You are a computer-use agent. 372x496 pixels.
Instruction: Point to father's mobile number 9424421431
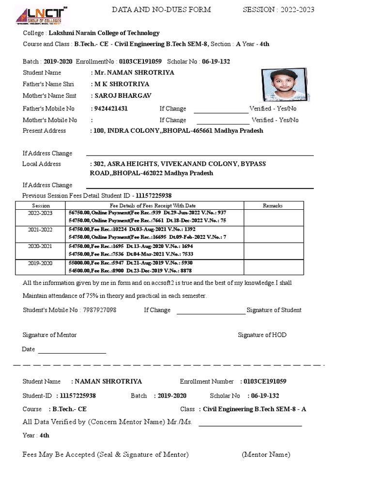[109, 108]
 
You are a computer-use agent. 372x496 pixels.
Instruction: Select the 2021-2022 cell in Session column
[40, 230]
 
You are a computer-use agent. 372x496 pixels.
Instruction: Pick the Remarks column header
[273, 206]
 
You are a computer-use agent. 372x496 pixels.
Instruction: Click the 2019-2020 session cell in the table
[40, 264]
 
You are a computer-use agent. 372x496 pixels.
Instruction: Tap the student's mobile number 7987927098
[99, 310]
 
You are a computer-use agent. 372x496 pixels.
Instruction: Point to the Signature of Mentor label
[49, 335]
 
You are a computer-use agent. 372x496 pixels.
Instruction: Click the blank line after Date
[72, 352]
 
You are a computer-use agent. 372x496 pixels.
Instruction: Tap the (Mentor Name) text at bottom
[266, 454]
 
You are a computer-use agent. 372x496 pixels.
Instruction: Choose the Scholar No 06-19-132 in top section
[216, 62]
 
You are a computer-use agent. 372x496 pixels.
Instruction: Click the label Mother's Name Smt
[49, 96]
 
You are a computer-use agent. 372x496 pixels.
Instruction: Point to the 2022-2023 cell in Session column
[40, 213]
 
